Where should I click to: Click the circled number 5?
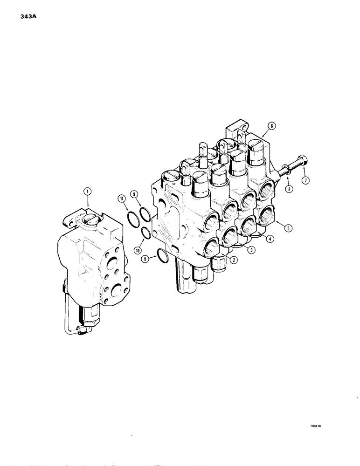(289, 228)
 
